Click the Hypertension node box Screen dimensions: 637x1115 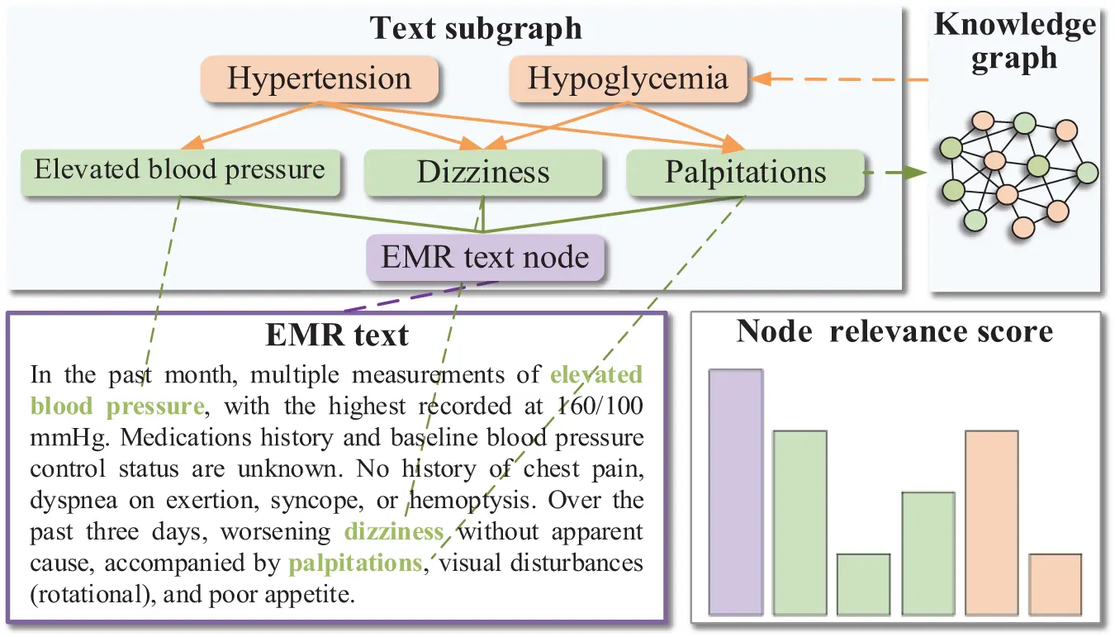click(x=320, y=79)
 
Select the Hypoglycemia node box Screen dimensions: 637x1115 click(x=628, y=79)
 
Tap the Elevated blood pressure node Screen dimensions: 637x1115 click(x=180, y=171)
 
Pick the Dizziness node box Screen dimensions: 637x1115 click(x=483, y=173)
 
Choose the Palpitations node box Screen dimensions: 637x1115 click(x=746, y=173)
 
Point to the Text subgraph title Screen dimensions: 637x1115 click(x=477, y=28)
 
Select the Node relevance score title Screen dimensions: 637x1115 click(x=894, y=331)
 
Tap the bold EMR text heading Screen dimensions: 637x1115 click(x=337, y=335)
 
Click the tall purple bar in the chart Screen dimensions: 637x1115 click(x=736, y=492)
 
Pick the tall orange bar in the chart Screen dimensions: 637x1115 click(x=991, y=522)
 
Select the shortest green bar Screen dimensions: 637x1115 click(x=863, y=584)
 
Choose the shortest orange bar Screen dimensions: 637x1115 click(x=1056, y=584)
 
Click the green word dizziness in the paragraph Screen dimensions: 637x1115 click(x=394, y=532)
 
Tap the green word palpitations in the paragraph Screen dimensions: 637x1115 click(x=355, y=563)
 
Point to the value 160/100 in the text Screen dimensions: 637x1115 click(x=598, y=406)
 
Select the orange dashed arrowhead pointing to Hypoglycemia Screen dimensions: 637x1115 click(x=760, y=79)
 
